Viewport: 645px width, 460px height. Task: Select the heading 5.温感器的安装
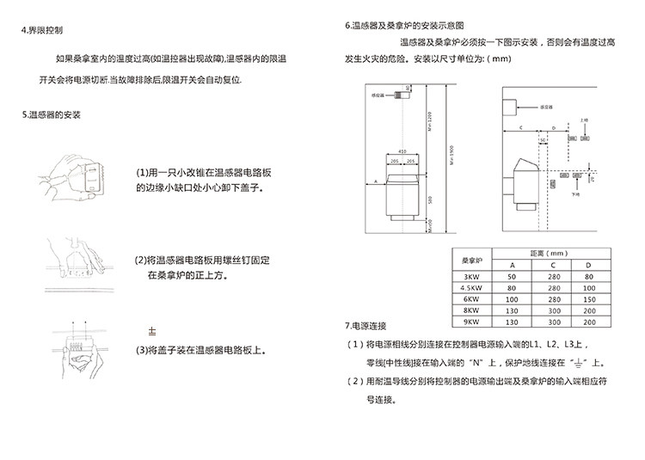[x=51, y=113]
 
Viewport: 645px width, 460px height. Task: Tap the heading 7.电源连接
[x=365, y=326]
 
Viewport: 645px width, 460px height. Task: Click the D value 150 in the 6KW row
[x=588, y=298]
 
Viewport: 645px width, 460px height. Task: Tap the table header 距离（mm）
[x=550, y=255]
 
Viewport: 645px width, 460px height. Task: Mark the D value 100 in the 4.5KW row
[x=588, y=287]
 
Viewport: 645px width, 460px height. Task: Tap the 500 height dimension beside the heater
[x=428, y=199]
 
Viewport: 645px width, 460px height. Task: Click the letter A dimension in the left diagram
[x=376, y=181]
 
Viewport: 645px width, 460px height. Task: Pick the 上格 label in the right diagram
[x=584, y=121]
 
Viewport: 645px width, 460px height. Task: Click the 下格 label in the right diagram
[x=577, y=195]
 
